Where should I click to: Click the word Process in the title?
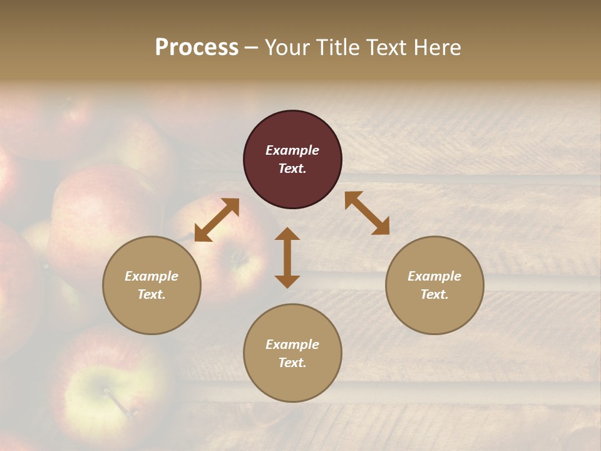pyautogui.click(x=197, y=48)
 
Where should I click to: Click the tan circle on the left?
pyautogui.click(x=152, y=285)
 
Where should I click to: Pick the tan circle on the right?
pyautogui.click(x=434, y=285)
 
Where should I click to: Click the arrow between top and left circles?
pyautogui.click(x=217, y=220)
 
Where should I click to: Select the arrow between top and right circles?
pyautogui.click(x=367, y=213)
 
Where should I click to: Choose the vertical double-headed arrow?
pyautogui.click(x=287, y=257)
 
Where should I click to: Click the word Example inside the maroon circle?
pyautogui.click(x=292, y=150)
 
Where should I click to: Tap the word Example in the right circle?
pyautogui.click(x=434, y=276)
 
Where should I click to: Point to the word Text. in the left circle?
pyautogui.click(x=152, y=294)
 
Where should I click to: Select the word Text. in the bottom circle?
pyautogui.click(x=292, y=363)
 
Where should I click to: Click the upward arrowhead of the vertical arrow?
pyautogui.click(x=287, y=234)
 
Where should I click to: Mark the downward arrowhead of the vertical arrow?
pyautogui.click(x=287, y=281)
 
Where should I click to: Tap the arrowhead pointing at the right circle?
pyautogui.click(x=381, y=227)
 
